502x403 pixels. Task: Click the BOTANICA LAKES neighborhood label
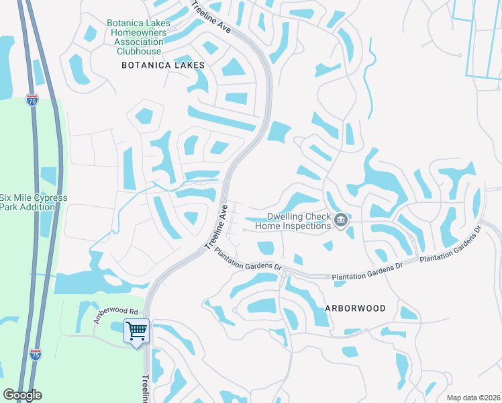click(x=162, y=65)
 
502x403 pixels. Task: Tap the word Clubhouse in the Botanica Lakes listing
click(x=139, y=51)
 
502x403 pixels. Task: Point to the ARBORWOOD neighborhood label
click(x=355, y=308)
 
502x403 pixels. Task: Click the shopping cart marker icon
click(x=136, y=330)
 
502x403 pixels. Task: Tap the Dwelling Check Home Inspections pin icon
click(x=341, y=220)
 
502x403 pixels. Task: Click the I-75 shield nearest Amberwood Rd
click(x=36, y=354)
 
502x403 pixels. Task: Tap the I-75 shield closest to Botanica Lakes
click(x=32, y=100)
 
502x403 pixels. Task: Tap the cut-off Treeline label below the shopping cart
click(x=146, y=388)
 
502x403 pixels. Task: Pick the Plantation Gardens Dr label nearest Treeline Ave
click(x=248, y=258)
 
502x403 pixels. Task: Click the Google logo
click(x=22, y=395)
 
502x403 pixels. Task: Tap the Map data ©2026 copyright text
click(x=473, y=398)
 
